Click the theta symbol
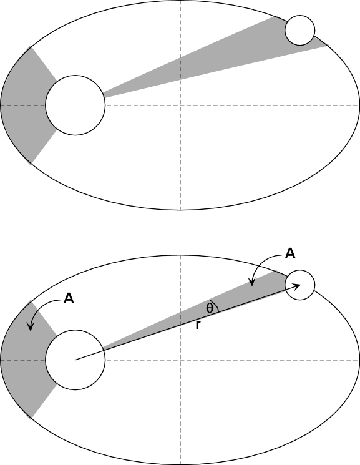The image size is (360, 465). pos(210,308)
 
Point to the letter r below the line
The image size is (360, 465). pos(198,325)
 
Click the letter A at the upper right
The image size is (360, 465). pos(290,254)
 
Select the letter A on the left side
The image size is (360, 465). pos(69,298)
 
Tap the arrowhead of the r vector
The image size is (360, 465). pos(297,285)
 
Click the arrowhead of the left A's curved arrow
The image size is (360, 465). pos(30,326)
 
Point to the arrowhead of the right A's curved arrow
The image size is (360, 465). pos(252,282)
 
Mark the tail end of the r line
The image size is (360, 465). pos(76,360)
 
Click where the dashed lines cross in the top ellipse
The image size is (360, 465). pos(180,105)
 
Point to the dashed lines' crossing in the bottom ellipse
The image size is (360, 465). pos(180,360)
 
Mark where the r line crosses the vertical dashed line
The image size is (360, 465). pos(180,325)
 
